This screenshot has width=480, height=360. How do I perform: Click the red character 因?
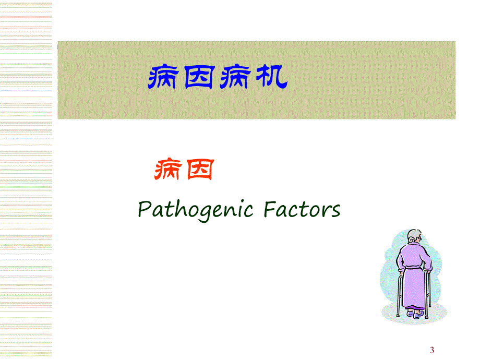tap(198, 171)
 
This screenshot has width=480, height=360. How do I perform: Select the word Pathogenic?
tap(196, 210)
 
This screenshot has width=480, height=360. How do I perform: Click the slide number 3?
tap(431, 350)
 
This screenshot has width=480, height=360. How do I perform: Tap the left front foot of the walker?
tap(398, 316)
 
